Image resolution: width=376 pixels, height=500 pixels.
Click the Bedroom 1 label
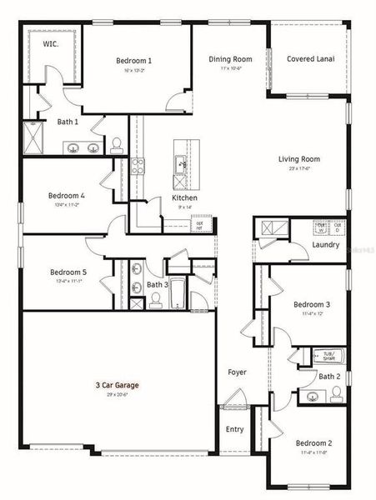pyautogui.click(x=133, y=61)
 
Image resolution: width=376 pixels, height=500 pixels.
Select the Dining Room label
pyautogui.click(x=230, y=59)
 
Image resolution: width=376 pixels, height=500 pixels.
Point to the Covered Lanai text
pyautogui.click(x=309, y=59)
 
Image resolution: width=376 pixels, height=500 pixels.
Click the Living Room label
pyautogui.click(x=299, y=158)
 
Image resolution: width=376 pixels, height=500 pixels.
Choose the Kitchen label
pyautogui.click(x=184, y=197)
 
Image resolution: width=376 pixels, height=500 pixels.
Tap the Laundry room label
pyautogui.click(x=325, y=245)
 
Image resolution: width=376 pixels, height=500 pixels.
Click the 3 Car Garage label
pyautogui.click(x=116, y=385)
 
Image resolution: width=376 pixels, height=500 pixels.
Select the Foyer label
pyautogui.click(x=237, y=372)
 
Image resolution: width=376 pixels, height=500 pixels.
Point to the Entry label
pyautogui.click(x=235, y=429)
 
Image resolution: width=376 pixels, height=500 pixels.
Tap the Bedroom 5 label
pyautogui.click(x=68, y=272)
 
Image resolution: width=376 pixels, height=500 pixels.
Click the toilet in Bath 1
pyautogui.click(x=116, y=144)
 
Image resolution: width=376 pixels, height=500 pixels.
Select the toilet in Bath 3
pyautogui.click(x=156, y=300)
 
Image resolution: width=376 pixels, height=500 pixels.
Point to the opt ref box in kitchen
pyautogui.click(x=199, y=225)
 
